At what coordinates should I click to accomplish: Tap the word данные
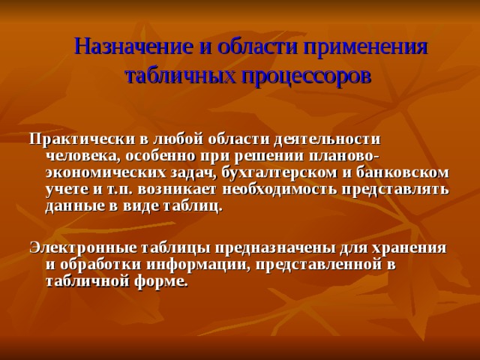[x=75, y=205]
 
